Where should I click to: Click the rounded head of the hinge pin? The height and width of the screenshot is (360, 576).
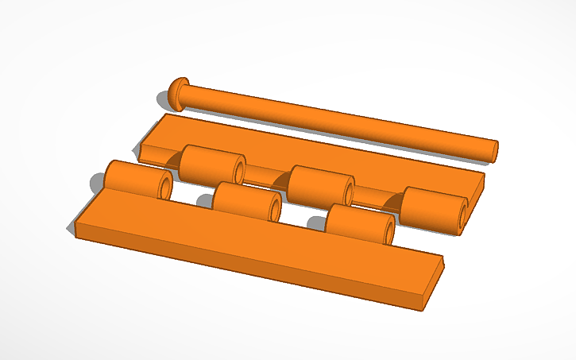177,93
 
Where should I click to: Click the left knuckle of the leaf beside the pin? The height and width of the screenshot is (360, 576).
208,164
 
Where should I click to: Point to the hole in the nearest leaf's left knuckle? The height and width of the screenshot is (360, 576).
164,187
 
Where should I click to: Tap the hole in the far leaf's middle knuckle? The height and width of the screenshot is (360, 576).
347,192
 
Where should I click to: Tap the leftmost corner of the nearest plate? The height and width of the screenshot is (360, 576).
76,226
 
